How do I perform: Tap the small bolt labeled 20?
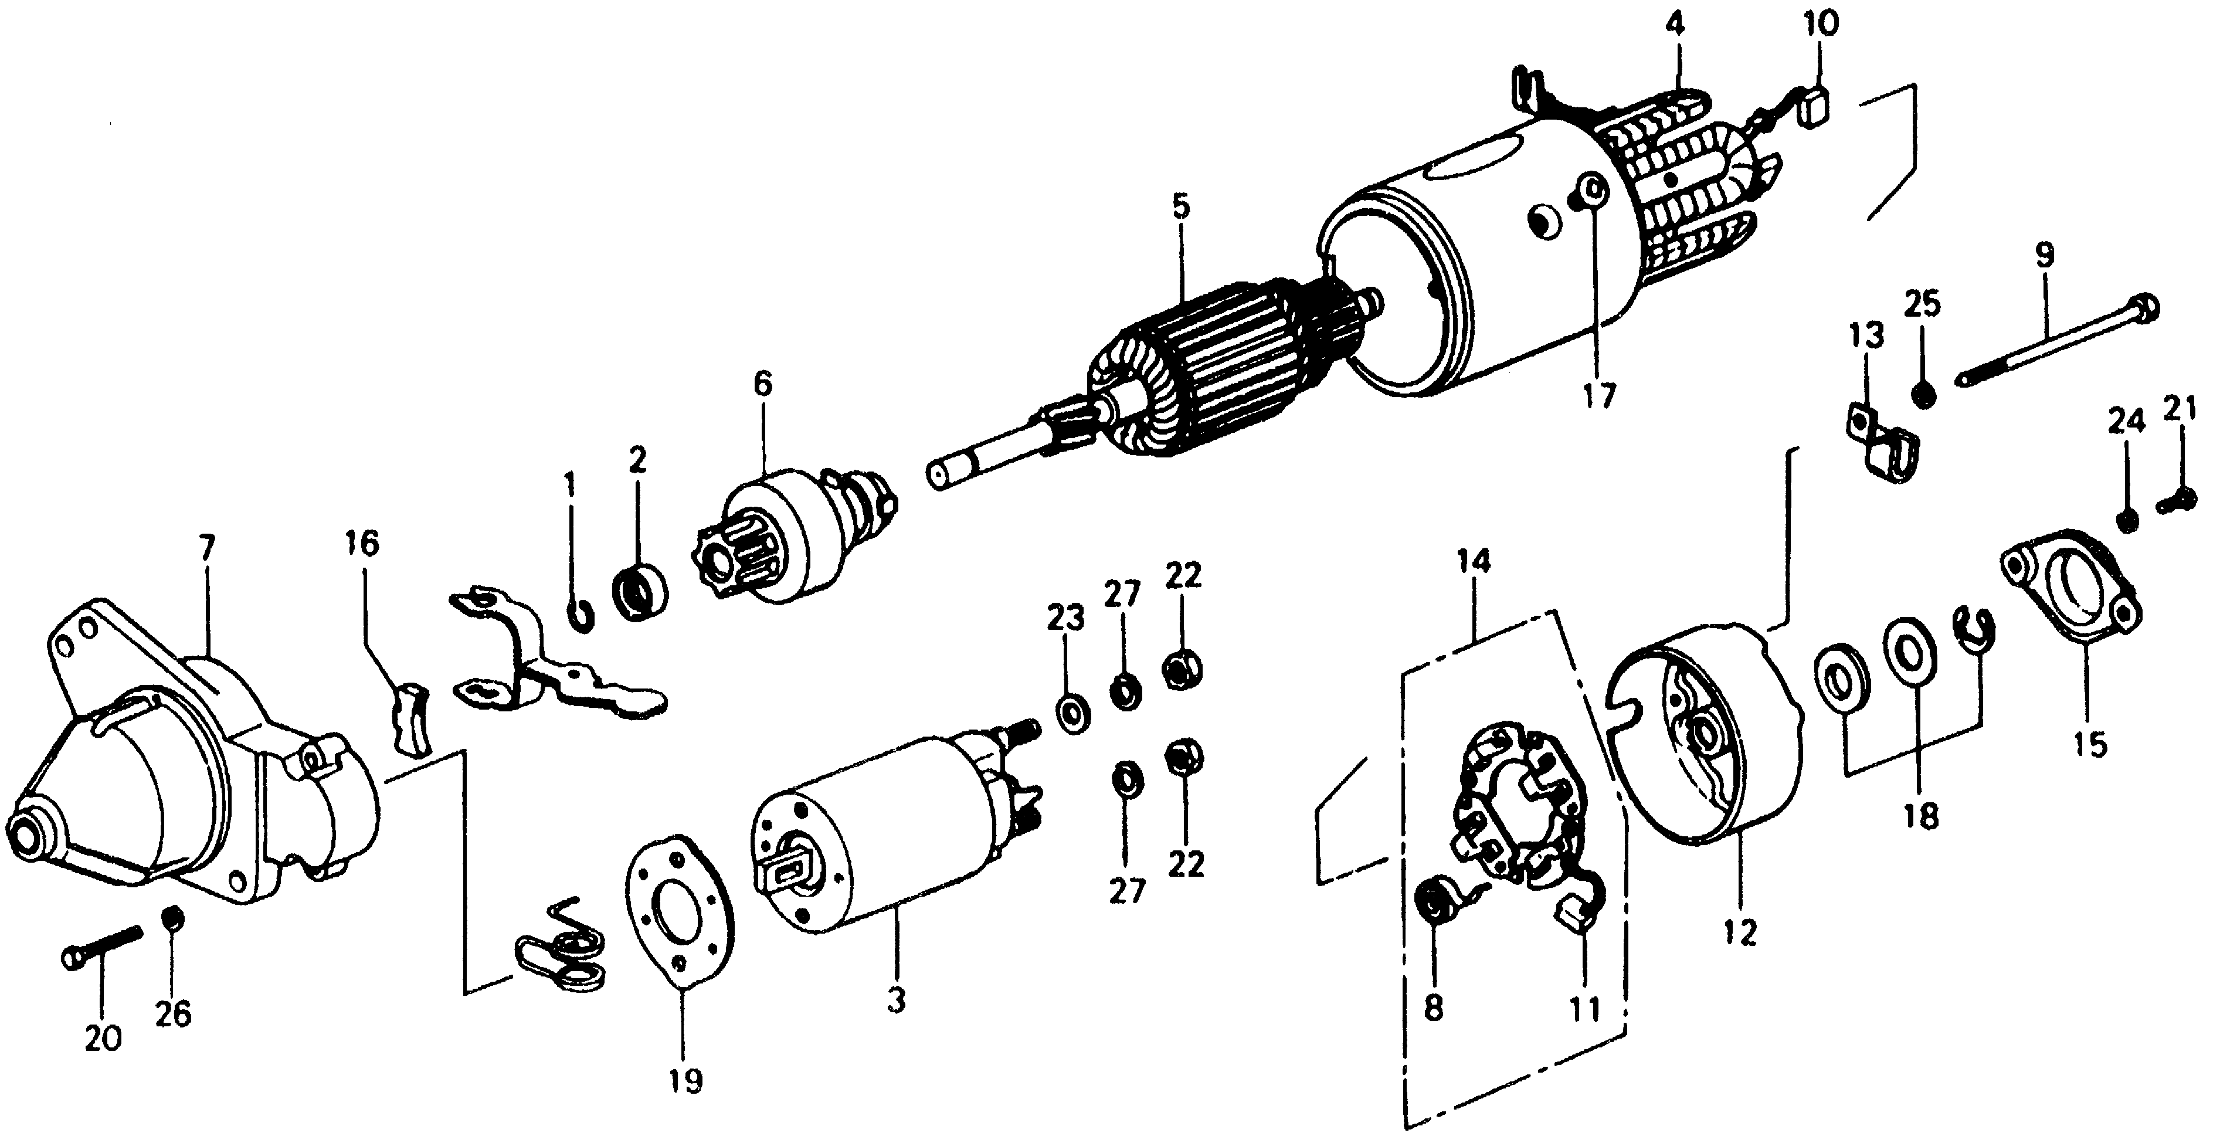101,947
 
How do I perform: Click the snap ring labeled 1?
580,617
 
